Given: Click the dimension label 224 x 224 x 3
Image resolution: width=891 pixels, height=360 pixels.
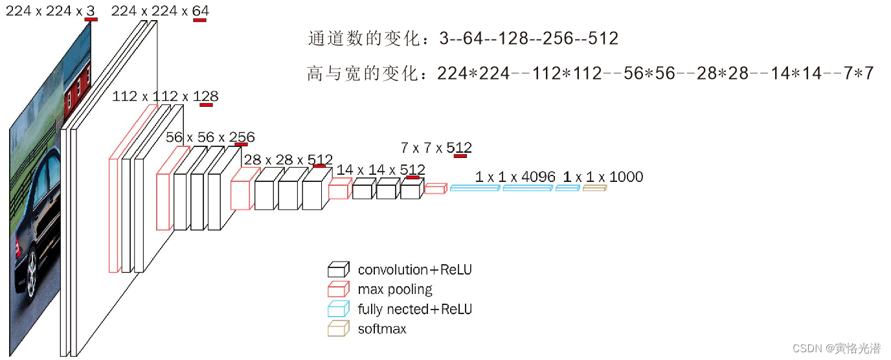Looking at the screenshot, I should pos(51,10).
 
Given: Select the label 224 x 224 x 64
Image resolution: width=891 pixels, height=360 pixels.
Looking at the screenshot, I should pos(160,11).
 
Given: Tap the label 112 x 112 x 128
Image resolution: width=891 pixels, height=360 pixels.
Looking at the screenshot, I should pos(165,96).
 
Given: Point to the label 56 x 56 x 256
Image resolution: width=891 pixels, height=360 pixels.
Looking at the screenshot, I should pos(210,137).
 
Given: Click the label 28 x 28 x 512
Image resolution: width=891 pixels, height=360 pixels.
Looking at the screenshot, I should pos(288,160).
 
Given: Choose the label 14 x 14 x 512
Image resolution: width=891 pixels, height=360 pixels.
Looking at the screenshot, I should pos(381,170).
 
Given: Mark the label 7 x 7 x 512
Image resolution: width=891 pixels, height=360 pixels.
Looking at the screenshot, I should pos(436,148).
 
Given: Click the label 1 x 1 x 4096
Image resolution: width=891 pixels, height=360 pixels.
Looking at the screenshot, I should pos(515,177).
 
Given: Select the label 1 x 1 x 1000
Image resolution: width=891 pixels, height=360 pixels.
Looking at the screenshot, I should pos(603,177).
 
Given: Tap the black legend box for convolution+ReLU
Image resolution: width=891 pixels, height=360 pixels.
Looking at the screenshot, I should pos(339,269).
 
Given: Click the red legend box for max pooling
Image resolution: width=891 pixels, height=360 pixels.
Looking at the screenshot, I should pos(339,289).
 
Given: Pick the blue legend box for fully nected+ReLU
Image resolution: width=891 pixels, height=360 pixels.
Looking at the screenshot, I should pos(339,309).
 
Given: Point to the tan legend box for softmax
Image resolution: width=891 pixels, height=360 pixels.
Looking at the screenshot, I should pos(339,329).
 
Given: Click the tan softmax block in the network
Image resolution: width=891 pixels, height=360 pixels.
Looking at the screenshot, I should pos(594,188).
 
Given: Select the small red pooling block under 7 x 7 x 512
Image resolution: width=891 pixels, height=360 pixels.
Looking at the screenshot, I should pos(435,188).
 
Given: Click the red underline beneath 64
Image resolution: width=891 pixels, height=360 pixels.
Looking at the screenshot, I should pos(199,20).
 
